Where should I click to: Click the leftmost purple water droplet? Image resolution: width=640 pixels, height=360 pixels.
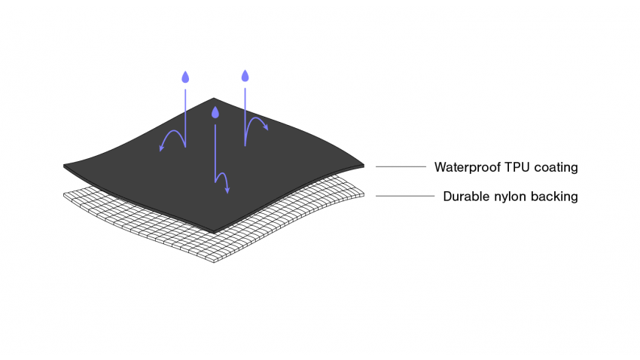point(184,77)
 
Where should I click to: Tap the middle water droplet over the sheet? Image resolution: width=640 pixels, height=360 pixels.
point(215,113)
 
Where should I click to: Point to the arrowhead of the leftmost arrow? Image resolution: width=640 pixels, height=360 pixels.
point(161,148)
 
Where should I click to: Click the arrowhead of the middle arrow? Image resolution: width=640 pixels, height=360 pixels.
point(227,191)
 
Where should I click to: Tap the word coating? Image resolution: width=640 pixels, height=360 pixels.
point(556,167)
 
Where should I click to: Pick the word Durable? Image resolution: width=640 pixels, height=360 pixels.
point(465,197)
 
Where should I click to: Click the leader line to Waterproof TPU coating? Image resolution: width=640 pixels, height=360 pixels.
point(401,166)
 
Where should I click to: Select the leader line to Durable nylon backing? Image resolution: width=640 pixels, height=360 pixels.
point(405,196)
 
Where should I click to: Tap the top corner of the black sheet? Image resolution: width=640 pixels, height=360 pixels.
point(215,99)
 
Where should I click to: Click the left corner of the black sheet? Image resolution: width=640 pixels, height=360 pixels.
point(66,166)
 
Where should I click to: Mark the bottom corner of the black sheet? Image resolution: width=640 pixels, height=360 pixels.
point(214,231)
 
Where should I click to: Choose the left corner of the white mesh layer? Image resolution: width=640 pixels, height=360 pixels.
point(63,195)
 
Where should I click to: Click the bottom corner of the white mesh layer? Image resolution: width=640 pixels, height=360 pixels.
point(215,261)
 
